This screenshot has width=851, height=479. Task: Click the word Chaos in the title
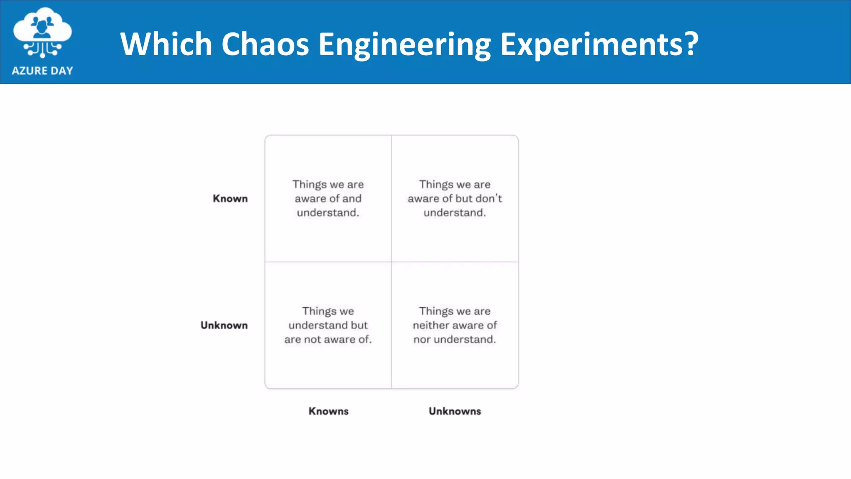(x=265, y=44)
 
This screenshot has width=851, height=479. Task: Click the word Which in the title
(x=166, y=44)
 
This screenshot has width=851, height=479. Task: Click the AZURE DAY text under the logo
(x=42, y=71)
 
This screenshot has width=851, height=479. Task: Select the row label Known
(x=230, y=199)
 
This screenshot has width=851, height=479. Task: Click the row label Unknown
(x=224, y=326)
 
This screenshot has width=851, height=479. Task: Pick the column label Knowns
(x=328, y=411)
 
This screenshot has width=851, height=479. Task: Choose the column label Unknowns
(x=455, y=411)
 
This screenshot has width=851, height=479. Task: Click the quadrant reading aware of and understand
(x=328, y=199)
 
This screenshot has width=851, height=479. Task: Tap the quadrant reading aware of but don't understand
(x=455, y=199)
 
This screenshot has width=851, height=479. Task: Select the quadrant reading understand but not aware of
(x=328, y=326)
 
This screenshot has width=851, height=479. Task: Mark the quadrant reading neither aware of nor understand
(x=455, y=326)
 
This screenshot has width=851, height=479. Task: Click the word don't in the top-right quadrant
(x=489, y=199)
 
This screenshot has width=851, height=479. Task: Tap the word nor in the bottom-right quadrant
(x=421, y=340)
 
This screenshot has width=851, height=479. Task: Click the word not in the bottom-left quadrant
(x=312, y=340)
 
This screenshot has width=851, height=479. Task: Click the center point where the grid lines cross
(x=391, y=262)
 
